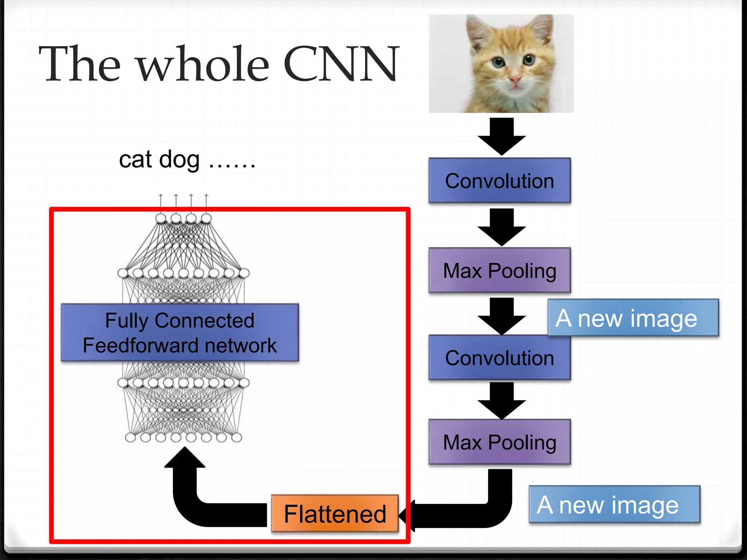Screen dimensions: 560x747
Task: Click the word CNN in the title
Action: point(341,64)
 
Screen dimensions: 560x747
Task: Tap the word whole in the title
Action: point(203,64)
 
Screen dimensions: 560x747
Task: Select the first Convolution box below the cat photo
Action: point(499,181)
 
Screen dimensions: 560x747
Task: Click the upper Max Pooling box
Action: point(499,271)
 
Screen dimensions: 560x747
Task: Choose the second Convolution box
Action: point(499,358)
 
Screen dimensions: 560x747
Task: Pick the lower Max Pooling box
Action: point(499,442)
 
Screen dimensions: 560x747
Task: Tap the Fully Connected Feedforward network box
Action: point(179,332)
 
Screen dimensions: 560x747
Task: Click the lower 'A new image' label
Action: point(614,505)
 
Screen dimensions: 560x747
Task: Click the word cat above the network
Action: point(135,160)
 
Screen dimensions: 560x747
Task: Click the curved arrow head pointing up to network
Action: point(185,459)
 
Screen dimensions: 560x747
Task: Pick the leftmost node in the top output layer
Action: point(161,218)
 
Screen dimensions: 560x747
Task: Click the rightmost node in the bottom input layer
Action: point(236,437)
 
